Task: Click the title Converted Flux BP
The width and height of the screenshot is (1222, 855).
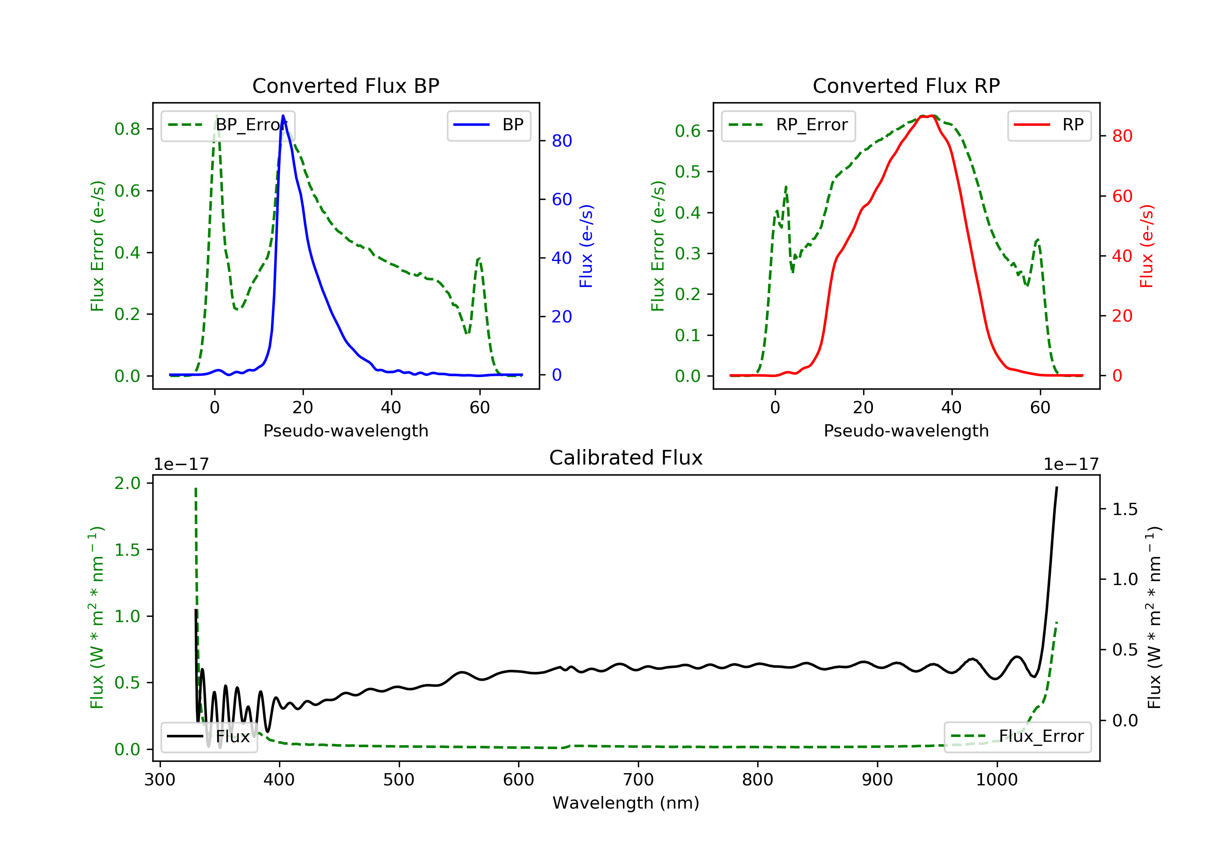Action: pos(345,85)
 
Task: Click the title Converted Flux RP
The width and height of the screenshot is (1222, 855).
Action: pos(906,85)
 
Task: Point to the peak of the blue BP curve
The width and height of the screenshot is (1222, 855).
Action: pos(283,116)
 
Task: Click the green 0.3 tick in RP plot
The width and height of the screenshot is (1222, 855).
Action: pos(688,253)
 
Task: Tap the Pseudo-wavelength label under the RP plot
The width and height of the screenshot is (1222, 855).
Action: pos(906,430)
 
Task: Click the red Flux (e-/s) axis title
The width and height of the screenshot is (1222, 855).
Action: pos(1146,246)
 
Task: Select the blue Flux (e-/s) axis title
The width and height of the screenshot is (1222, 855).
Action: pos(586,246)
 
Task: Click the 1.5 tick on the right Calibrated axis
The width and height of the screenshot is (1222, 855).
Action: pos(1125,509)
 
